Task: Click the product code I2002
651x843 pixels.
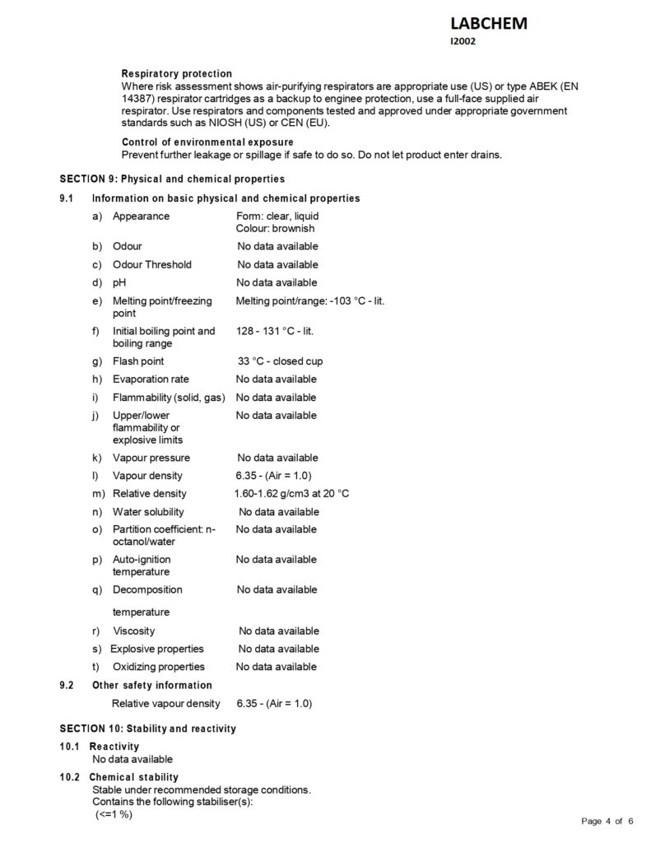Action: (463, 42)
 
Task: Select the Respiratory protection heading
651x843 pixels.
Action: (176, 74)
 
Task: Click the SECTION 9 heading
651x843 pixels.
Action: (172, 179)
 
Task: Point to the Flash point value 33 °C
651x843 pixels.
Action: (280, 361)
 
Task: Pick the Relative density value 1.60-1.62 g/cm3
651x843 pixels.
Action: (291, 494)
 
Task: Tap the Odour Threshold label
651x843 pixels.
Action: (151, 264)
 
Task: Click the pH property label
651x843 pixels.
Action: (119, 282)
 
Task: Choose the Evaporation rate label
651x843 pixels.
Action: (151, 380)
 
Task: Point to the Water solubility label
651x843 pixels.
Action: (149, 512)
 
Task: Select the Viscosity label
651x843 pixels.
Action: (133, 631)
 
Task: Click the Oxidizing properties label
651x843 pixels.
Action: (158, 667)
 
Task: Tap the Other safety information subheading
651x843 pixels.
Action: (151, 686)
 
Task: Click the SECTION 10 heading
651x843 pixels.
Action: (147, 729)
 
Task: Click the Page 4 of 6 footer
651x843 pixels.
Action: (607, 821)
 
